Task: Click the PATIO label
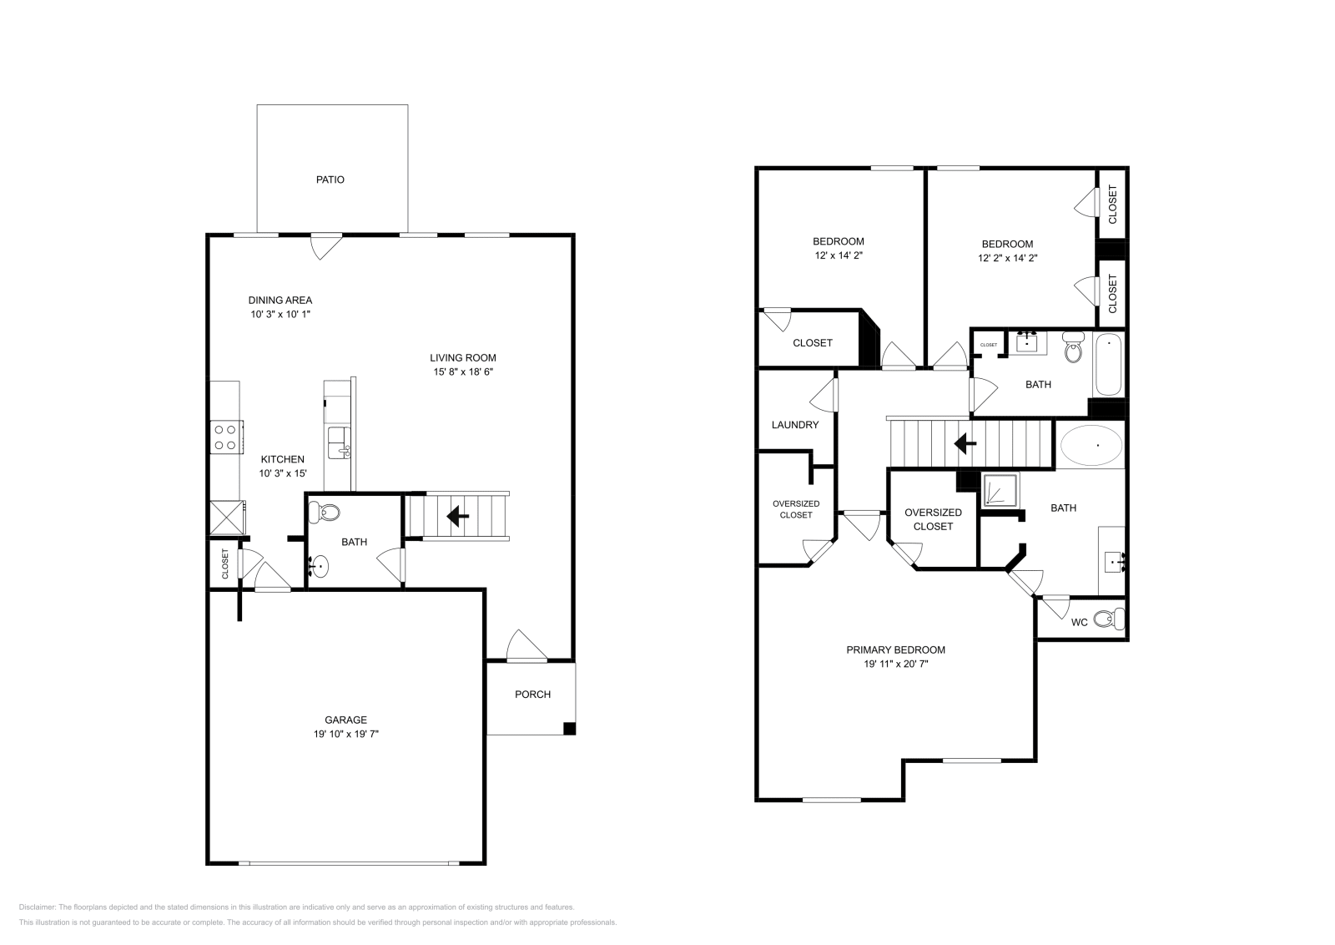coord(330,179)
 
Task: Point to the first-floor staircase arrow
coord(457,517)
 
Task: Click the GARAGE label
coord(345,720)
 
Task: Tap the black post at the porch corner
coord(569,728)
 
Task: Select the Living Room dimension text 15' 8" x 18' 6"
coord(463,372)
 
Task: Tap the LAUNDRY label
coord(794,425)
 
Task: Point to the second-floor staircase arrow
coord(965,443)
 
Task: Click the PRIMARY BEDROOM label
coord(895,649)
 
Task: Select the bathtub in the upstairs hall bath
coord(1108,364)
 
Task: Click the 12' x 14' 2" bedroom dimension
coord(838,256)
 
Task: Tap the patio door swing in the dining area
coord(325,246)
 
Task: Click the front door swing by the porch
coord(526,645)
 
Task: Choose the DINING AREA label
coord(280,300)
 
